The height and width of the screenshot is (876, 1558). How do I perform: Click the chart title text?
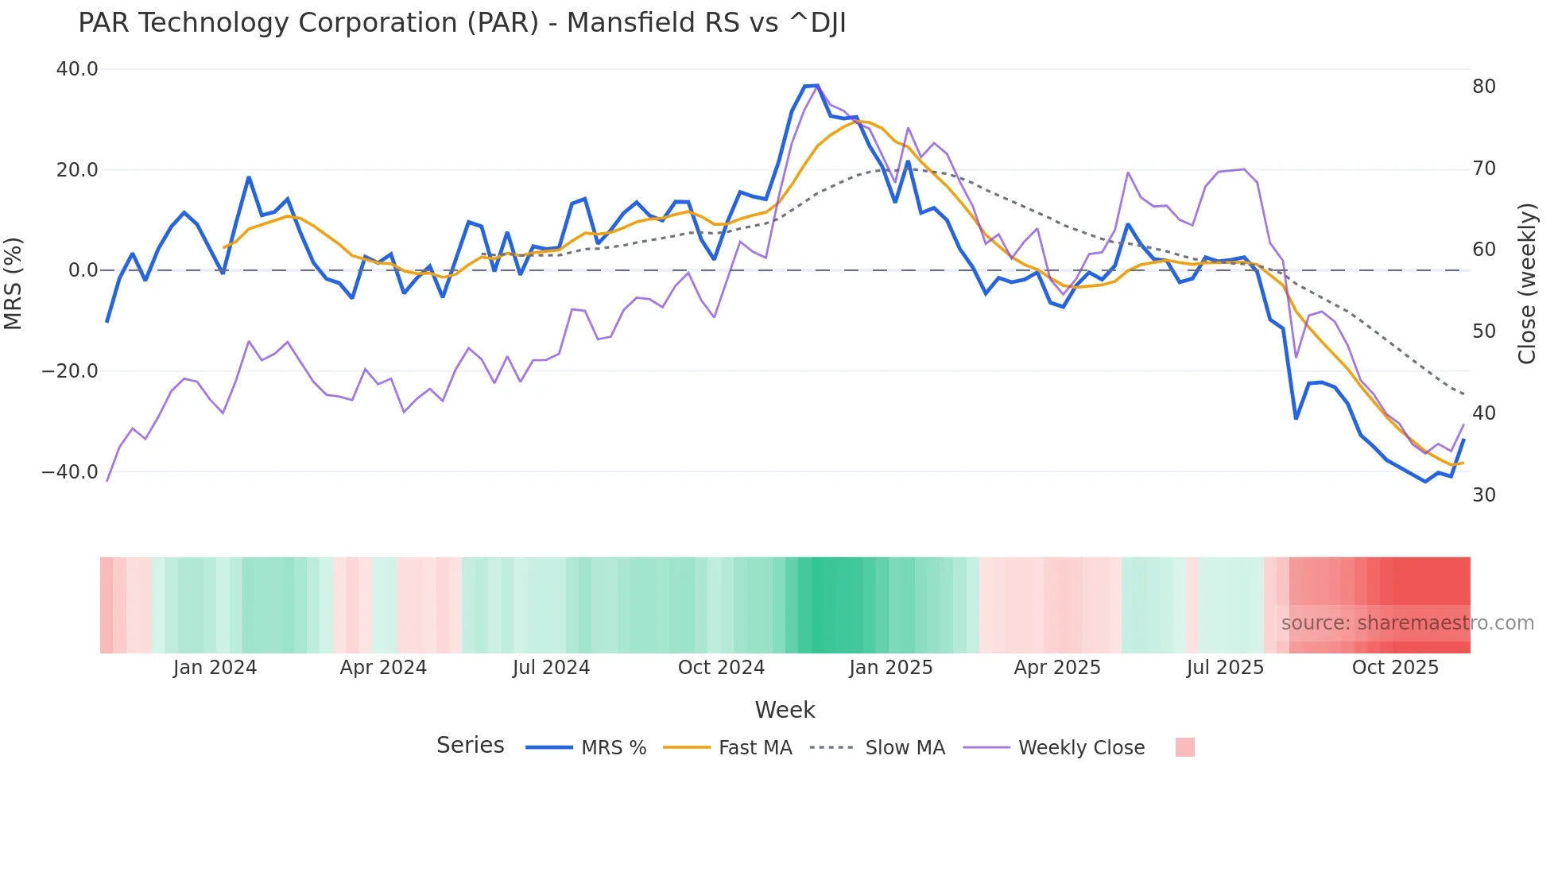click(462, 23)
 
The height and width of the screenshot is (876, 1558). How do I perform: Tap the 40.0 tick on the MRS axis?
click(77, 69)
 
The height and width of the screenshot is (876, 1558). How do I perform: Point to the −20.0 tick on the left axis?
click(70, 371)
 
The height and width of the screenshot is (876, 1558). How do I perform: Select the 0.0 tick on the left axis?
click(83, 270)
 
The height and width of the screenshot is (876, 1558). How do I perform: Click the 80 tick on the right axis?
click(1483, 87)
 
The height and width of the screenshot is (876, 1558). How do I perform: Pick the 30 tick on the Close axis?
click(1483, 495)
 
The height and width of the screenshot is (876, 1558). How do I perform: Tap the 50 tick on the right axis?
click(1483, 331)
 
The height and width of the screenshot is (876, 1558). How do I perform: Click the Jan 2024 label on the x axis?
click(215, 668)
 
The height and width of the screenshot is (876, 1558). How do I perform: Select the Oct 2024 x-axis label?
click(721, 668)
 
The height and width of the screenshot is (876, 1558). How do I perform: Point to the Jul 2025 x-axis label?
click(1225, 668)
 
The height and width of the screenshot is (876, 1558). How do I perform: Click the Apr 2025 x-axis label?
click(1057, 668)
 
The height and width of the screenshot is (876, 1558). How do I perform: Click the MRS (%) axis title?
click(14, 284)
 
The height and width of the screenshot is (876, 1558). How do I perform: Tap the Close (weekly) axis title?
click(1526, 284)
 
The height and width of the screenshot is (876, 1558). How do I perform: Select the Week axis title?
click(785, 710)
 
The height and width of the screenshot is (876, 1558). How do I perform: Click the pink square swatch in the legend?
click(1184, 747)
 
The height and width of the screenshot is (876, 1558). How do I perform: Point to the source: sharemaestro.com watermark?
click(1407, 623)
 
